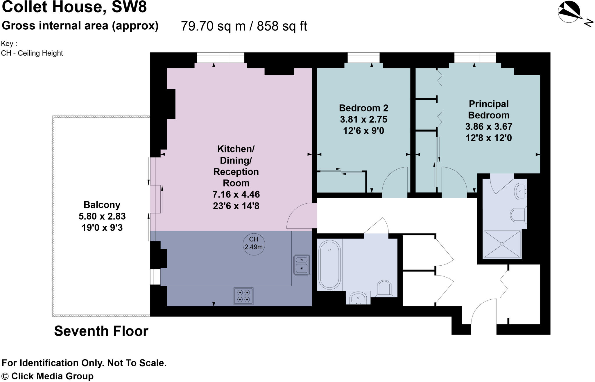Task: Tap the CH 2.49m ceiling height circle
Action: tap(254, 244)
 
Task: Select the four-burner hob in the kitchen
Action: tap(243, 296)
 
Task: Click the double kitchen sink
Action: tap(302, 265)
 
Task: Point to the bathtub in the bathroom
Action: tap(329, 265)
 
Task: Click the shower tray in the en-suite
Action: tap(502, 244)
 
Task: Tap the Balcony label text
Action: tap(102, 205)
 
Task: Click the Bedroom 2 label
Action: tap(363, 108)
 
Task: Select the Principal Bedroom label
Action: tap(489, 109)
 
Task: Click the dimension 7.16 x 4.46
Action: tap(236, 194)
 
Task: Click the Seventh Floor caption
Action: tap(101, 331)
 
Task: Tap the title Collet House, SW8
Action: tap(74, 7)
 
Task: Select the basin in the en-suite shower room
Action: tap(521, 191)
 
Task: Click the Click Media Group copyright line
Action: tap(48, 376)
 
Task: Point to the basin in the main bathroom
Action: tap(358, 298)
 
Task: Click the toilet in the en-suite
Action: tap(519, 215)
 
